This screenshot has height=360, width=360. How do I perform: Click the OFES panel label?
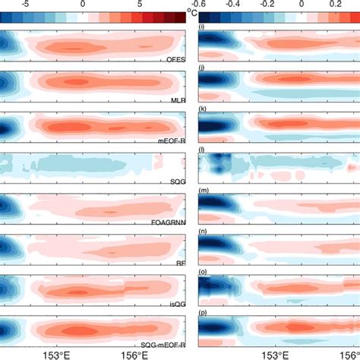174,58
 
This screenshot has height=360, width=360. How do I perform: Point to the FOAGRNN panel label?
167,223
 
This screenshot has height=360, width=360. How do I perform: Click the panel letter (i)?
201,28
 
